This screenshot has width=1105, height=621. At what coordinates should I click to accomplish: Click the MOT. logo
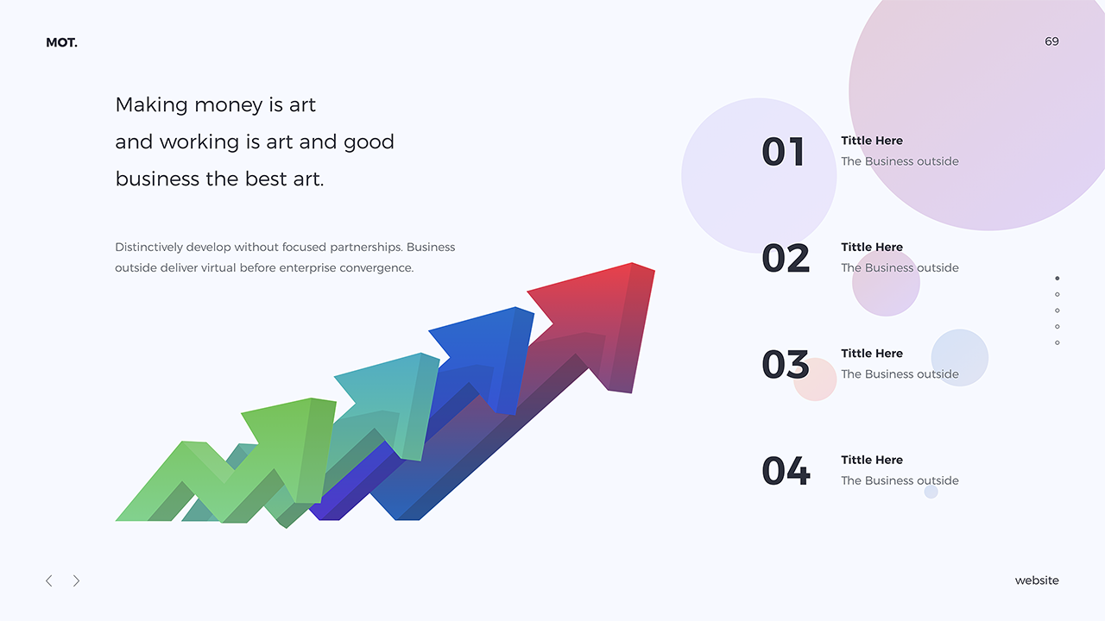coord(61,42)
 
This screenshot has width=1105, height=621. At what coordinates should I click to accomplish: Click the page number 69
coord(1051,41)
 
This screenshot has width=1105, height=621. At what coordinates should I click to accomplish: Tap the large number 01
coord(783,152)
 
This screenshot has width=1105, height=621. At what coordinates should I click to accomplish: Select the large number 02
coord(786,258)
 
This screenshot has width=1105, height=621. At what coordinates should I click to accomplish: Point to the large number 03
coord(786,365)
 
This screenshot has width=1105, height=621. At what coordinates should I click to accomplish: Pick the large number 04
coord(786,471)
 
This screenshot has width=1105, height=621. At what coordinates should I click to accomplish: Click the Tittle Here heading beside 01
coord(872,141)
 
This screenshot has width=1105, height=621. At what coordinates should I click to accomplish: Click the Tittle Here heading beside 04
coord(872,460)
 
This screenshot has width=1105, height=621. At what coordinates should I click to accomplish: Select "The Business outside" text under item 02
coord(900,267)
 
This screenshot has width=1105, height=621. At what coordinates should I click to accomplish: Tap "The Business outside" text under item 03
coord(900,374)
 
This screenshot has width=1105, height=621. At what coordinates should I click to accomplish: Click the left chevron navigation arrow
coord(49,580)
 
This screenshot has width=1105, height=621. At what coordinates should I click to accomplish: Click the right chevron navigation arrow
coord(76,580)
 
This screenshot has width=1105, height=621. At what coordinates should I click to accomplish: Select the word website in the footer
coord(1037,580)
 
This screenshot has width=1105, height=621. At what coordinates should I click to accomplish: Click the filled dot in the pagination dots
coord(1058,279)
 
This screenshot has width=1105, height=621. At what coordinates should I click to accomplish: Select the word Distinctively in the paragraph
coord(148,247)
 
